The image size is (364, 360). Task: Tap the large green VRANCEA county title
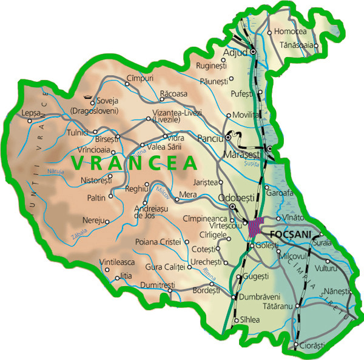point(134,163)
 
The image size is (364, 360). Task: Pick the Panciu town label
point(212,138)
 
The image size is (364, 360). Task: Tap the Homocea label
point(291,31)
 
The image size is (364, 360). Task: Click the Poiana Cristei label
point(158,242)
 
